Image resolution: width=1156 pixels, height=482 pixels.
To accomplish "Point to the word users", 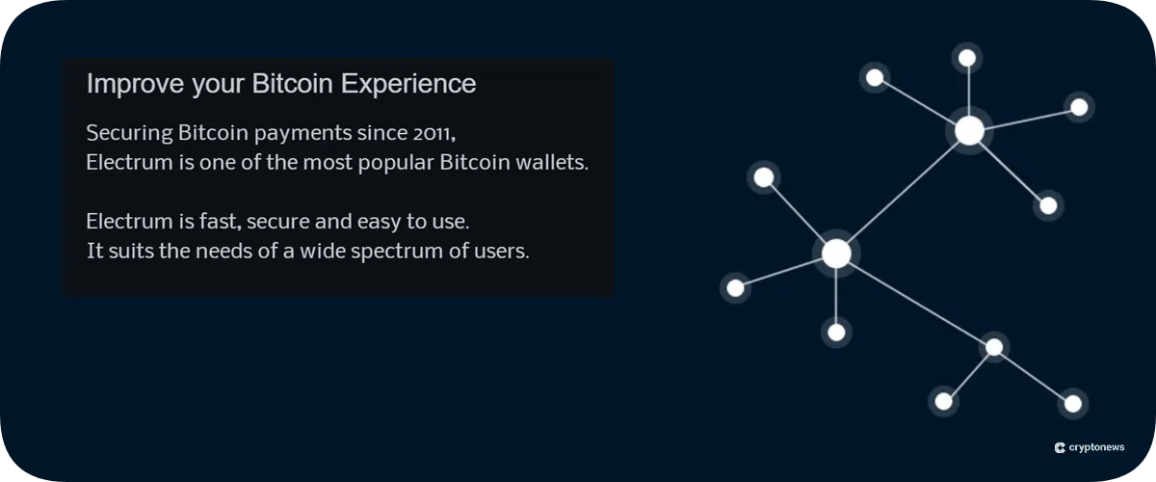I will pyautogui.click(x=504, y=253).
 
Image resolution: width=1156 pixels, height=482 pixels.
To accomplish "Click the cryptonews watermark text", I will pyautogui.click(x=1097, y=448).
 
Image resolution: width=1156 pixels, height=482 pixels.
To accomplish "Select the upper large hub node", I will pyautogui.click(x=969, y=130).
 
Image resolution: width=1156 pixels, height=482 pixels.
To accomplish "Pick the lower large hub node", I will pyautogui.click(x=836, y=254).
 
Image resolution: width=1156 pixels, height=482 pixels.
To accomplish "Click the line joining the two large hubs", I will pyautogui.click(x=903, y=192).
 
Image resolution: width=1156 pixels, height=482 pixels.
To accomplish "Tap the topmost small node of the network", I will pyautogui.click(x=967, y=59).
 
